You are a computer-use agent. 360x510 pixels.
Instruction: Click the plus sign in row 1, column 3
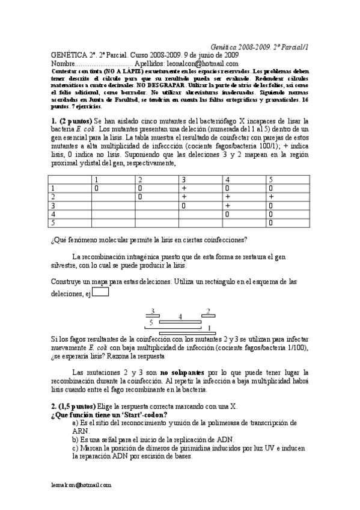184,188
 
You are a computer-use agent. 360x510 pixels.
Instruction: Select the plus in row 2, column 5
272,197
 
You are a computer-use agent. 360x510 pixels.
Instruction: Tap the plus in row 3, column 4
228,205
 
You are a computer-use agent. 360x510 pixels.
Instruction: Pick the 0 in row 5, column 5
271,222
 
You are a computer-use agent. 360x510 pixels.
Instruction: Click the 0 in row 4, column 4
227,214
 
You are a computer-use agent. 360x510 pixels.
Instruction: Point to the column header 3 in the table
184,180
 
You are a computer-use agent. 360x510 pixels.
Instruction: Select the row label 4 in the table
54,214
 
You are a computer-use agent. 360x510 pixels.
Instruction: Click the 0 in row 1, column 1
96,188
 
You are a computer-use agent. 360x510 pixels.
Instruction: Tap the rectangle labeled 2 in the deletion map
209,316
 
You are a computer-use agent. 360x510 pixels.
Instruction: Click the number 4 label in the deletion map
180,316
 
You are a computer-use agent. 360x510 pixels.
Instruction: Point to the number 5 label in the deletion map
151,323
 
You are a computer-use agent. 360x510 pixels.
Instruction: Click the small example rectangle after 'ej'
101,292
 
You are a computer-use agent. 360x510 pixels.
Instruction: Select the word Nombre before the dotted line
63,63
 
